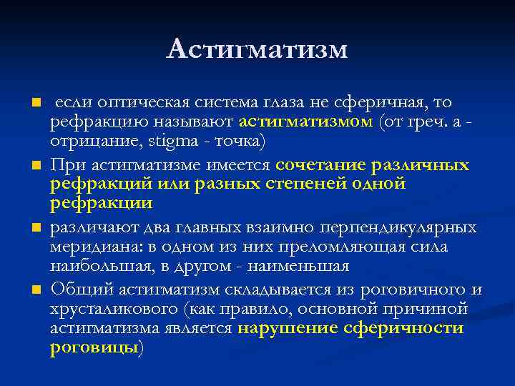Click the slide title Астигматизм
[257, 49]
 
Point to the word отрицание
[84, 141]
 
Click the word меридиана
[85, 247]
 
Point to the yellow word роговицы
[94, 347]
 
